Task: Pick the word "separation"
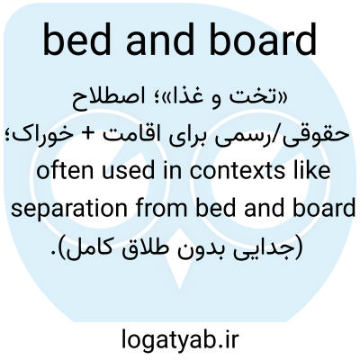click(x=69, y=209)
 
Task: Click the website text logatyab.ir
click(x=180, y=339)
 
